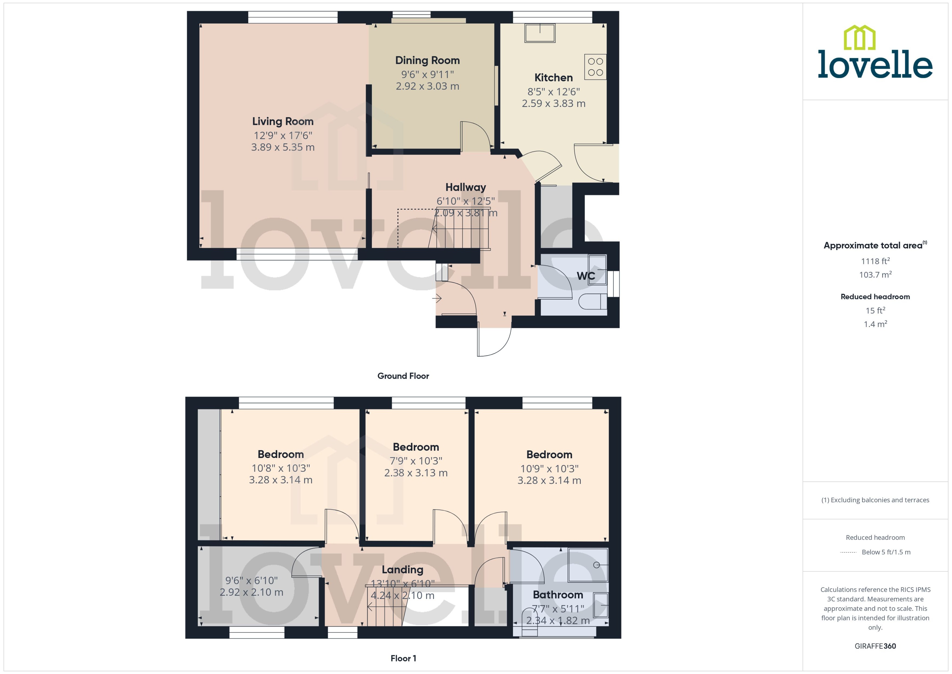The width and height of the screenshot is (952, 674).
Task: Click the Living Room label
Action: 283,122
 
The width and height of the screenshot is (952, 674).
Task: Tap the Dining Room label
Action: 427,61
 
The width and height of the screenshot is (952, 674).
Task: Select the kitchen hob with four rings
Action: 595,67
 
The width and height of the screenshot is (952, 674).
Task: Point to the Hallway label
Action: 465,187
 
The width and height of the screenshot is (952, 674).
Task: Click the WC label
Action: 585,276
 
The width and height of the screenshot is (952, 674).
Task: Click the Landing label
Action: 402,570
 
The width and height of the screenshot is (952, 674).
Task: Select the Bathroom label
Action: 558,595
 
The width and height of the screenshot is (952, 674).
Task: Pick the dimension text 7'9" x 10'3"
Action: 416,461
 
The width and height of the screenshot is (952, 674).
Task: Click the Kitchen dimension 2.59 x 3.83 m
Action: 553,104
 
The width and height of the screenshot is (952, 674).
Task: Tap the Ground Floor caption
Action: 403,376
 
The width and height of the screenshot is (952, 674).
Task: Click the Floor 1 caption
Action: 403,658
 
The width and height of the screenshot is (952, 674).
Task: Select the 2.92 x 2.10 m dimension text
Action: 251,593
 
